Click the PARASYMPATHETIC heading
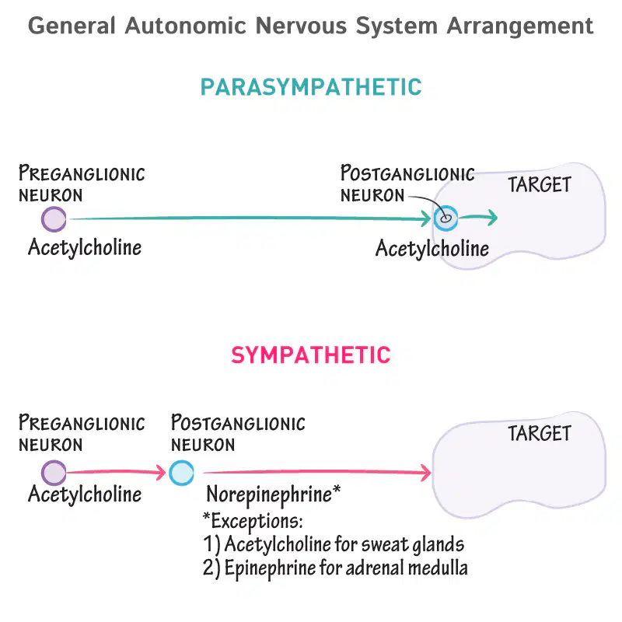pyautogui.click(x=311, y=87)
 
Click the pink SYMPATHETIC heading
pyautogui.click(x=311, y=355)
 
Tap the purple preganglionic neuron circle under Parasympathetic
pyautogui.click(x=54, y=219)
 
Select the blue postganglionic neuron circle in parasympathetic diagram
pyautogui.click(x=446, y=218)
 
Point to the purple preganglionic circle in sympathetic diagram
pyautogui.click(x=54, y=473)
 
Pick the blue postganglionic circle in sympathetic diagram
pyautogui.click(x=181, y=473)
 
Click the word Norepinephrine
pyautogui.click(x=269, y=494)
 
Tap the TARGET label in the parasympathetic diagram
pyautogui.click(x=540, y=185)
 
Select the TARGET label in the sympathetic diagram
pyautogui.click(x=540, y=433)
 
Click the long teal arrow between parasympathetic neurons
pyautogui.click(x=250, y=218)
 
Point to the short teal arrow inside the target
pyautogui.click(x=478, y=217)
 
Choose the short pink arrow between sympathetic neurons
pyautogui.click(x=116, y=472)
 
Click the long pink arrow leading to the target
pyautogui.click(x=317, y=472)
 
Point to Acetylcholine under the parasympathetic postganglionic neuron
pyautogui.click(x=432, y=249)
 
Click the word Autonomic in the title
pyautogui.click(x=186, y=26)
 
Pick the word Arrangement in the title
pyautogui.click(x=520, y=27)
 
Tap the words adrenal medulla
pyautogui.click(x=407, y=568)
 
